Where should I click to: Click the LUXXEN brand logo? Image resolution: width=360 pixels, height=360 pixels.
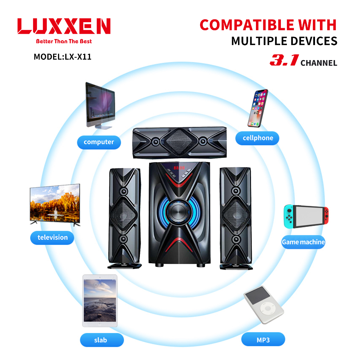tap(64, 26)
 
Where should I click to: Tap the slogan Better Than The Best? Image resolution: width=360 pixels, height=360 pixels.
tap(64, 41)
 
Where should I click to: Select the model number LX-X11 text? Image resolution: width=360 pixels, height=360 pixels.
tap(78, 57)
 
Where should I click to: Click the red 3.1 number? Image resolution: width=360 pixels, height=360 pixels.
tap(284, 60)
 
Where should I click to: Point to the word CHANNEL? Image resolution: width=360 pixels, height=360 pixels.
tap(319, 63)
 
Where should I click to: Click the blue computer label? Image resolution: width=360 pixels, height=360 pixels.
tap(99, 142)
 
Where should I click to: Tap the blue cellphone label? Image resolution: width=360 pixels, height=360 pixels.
tap(257, 138)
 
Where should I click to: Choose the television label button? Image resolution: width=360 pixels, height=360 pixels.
tap(52, 238)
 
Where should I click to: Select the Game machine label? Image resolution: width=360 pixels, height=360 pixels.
tap(303, 242)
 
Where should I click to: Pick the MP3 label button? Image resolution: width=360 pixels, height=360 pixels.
tap(263, 339)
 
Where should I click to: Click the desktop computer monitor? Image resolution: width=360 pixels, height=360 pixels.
tap(100, 105)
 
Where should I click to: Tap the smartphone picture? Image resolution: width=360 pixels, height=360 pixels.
tap(258, 108)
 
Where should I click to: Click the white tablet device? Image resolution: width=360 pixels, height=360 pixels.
tap(100, 301)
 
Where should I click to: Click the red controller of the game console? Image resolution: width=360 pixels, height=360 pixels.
tap(326, 216)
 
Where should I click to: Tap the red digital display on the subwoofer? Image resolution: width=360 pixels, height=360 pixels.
tap(179, 168)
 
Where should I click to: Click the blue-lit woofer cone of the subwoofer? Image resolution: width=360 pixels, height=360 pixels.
tap(179, 211)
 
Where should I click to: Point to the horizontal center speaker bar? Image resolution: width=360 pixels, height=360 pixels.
tap(180, 142)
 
